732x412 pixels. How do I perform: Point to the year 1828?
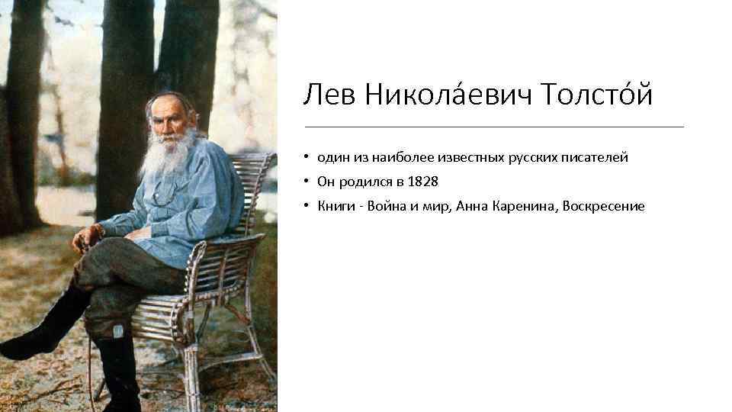(424, 182)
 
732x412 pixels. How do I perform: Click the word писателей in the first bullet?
(596, 158)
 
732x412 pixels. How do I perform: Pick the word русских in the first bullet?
(534, 158)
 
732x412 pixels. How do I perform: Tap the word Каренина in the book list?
(524, 206)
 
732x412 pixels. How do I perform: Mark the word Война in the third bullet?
(385, 206)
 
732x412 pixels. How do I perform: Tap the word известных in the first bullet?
(472, 158)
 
